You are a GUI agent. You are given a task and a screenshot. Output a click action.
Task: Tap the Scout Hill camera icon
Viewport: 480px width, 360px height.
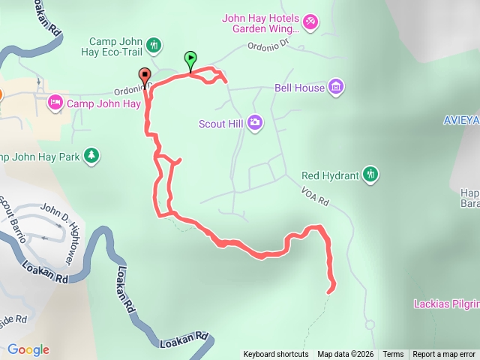tap(255, 122)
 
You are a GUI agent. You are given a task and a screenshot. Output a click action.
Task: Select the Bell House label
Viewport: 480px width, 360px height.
tap(300, 88)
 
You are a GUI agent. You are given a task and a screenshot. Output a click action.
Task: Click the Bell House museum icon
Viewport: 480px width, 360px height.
tap(337, 87)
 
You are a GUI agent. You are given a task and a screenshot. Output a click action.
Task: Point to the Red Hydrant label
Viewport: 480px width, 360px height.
tap(329, 176)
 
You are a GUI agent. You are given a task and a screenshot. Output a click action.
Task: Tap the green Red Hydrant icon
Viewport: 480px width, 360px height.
tap(370, 175)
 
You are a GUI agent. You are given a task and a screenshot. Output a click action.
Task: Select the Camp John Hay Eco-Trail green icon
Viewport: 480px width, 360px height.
tap(154, 45)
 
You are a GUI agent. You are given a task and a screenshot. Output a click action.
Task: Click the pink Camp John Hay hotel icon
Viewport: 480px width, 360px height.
tap(55, 102)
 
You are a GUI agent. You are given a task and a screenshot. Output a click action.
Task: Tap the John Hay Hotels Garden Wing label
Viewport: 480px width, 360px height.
tap(261, 24)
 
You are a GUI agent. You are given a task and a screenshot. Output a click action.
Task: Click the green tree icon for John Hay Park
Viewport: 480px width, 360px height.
tap(91, 155)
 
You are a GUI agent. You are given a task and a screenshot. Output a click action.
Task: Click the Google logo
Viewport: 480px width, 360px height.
tap(28, 349)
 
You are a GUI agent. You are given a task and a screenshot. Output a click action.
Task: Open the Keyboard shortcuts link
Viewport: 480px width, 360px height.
tap(275, 355)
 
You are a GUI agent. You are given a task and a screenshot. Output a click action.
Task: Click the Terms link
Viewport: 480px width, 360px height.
tap(393, 355)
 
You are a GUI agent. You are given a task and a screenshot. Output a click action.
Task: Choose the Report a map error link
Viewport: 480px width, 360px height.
tap(444, 355)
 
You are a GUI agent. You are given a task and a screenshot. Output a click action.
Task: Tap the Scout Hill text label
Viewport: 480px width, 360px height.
tap(222, 123)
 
